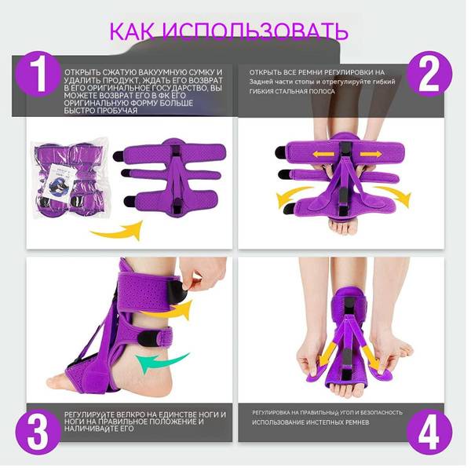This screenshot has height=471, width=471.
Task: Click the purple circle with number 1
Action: [x=38, y=75]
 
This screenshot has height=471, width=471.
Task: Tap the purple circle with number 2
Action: [x=429, y=75]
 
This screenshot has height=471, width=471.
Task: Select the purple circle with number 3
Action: [x=38, y=432]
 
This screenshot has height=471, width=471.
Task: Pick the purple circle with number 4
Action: [x=429, y=432]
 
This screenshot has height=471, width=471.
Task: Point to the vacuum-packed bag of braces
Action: [x=71, y=178]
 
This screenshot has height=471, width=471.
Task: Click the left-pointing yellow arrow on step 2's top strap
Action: [x=323, y=155]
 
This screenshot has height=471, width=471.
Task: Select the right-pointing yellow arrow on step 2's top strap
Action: [x=371, y=155]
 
